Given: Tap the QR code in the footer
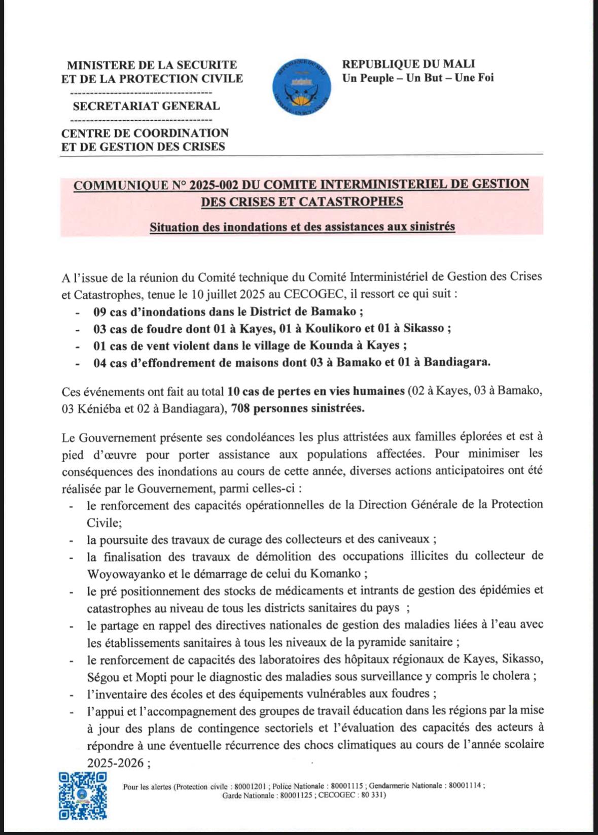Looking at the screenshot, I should [83, 795].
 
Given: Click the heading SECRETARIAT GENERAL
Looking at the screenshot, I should [146, 106].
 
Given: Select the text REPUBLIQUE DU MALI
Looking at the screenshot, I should [408, 64].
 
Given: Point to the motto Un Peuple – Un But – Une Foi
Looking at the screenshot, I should [417, 78].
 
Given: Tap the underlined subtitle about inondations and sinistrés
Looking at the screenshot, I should [302, 227].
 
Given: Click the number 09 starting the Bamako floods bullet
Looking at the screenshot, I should [100, 311].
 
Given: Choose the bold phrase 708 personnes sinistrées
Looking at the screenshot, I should [298, 408].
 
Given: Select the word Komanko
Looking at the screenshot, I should [340, 574].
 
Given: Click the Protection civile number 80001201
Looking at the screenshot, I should [251, 786].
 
